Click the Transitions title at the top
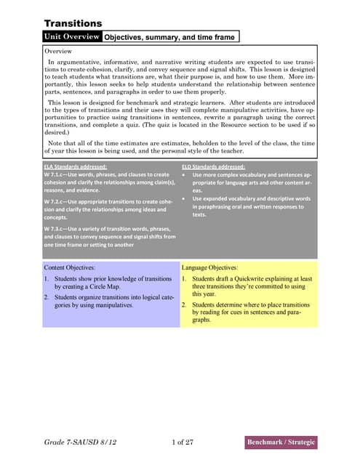click(x=73, y=23)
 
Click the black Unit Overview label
click(x=72, y=36)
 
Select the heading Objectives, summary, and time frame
click(x=167, y=36)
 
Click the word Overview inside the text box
click(x=58, y=52)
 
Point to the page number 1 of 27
click(x=186, y=441)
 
